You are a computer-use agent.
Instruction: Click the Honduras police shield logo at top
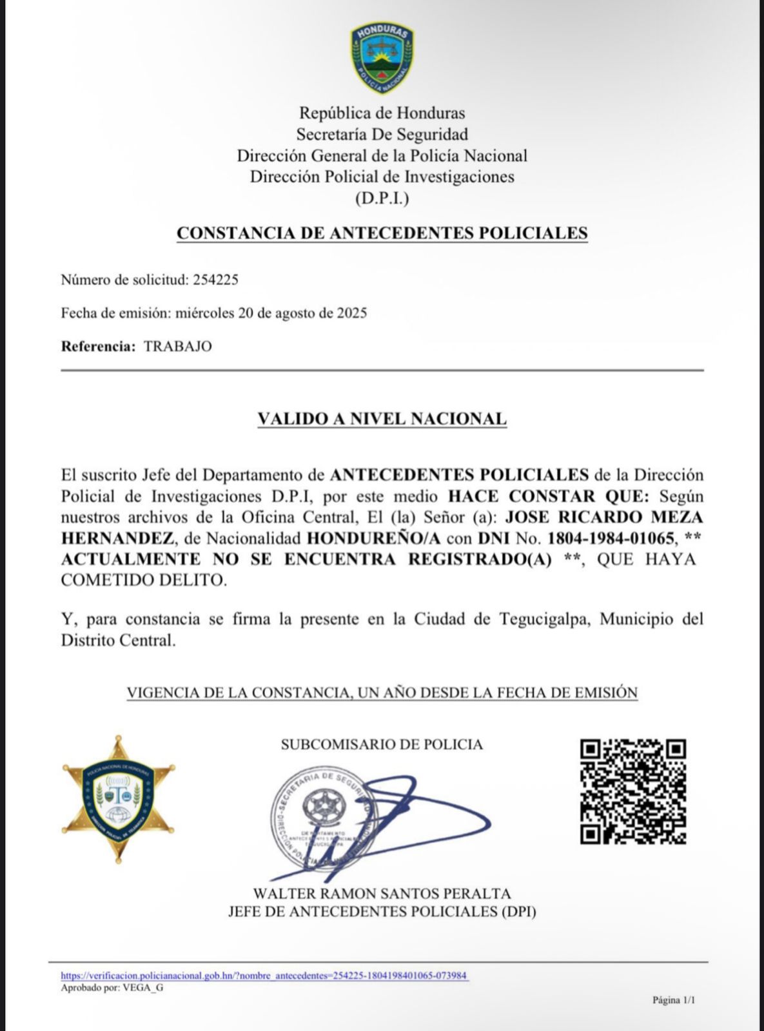[382, 57]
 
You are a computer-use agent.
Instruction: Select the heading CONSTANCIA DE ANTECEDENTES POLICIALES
[382, 233]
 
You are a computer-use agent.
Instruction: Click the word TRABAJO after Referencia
[178, 346]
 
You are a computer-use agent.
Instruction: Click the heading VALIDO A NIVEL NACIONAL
[382, 419]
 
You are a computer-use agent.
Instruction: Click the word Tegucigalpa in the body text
[547, 619]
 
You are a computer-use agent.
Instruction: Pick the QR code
[632, 791]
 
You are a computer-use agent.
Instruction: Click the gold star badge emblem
[119, 798]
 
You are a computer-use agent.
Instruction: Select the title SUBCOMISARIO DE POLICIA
[382, 745]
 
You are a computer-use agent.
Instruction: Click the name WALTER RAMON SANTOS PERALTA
[382, 894]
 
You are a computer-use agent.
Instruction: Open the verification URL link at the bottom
[264, 976]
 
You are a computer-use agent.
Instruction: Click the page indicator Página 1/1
[674, 1000]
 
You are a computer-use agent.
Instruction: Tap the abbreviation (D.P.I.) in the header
[382, 198]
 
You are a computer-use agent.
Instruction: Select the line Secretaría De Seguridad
[382, 135]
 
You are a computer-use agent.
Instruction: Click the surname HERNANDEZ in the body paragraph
[117, 538]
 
